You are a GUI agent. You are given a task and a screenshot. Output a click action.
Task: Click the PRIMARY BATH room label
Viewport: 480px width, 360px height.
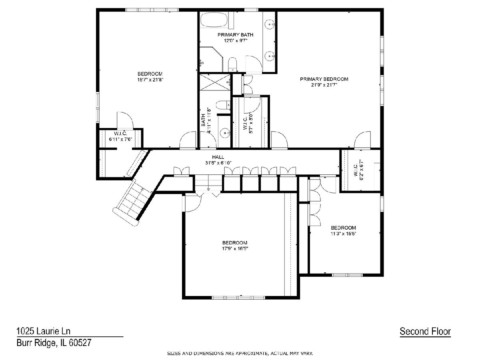[235, 35]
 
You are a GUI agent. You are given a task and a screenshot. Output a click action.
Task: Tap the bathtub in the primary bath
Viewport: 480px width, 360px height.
[215, 20]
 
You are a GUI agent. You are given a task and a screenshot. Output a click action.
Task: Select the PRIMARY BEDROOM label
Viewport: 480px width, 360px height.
[324, 79]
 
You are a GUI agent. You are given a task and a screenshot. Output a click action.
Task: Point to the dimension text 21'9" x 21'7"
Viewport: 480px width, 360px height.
[324, 85]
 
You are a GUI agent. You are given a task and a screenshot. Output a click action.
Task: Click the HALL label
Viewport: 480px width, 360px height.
[218, 157]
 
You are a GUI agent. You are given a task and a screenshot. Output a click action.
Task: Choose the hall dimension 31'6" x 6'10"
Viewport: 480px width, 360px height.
[218, 163]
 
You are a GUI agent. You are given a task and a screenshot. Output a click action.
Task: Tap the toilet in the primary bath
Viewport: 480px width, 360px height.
[232, 64]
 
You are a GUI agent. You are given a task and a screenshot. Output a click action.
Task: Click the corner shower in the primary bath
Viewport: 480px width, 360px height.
[212, 59]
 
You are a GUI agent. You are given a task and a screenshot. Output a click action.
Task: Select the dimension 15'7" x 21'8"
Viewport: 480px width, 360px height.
[150, 80]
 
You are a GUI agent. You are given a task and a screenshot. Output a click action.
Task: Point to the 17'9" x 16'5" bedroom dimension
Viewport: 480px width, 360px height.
[235, 248]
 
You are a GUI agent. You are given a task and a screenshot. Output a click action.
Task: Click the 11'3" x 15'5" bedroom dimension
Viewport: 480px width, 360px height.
[344, 234]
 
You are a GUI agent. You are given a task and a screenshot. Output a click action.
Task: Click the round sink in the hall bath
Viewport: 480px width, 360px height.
[224, 133]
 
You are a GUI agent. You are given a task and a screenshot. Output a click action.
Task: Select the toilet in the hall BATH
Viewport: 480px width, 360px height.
[223, 105]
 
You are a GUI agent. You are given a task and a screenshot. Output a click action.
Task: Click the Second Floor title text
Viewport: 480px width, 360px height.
[425, 331]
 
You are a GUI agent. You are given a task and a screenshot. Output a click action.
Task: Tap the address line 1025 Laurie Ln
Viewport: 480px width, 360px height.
[44, 331]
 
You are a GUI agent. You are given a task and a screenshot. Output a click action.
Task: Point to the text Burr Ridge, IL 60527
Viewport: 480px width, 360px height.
[54, 343]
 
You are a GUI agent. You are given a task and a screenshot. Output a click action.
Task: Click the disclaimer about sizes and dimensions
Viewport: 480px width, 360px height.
[240, 354]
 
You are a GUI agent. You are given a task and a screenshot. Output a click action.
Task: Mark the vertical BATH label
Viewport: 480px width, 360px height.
[203, 120]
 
